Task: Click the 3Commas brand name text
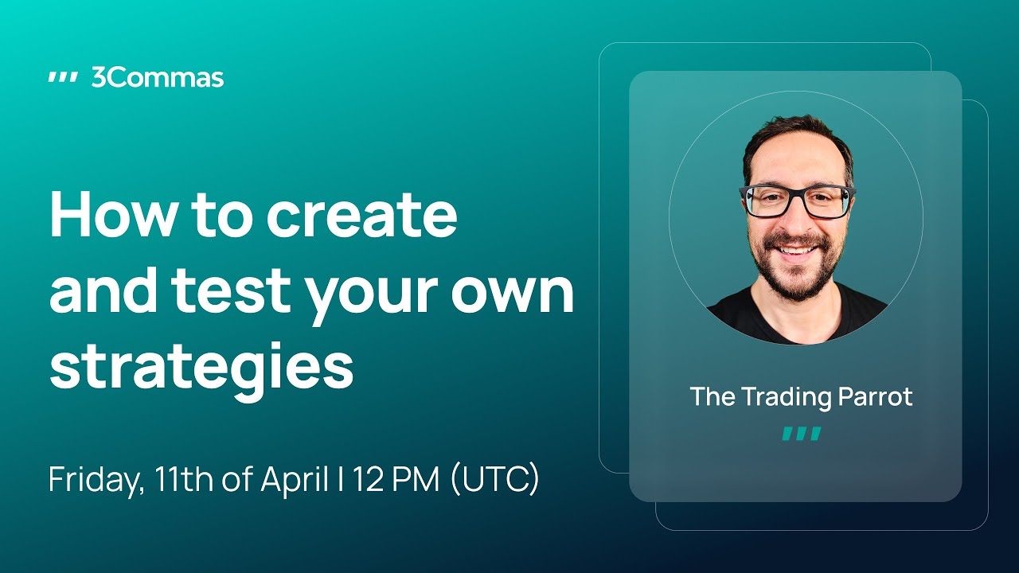158,78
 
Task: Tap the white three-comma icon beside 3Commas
63,78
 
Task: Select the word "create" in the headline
361,214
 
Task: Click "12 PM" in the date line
396,479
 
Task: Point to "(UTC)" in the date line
494,480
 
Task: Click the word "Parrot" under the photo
875,396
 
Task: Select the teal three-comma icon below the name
802,434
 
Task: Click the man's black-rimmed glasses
797,201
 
